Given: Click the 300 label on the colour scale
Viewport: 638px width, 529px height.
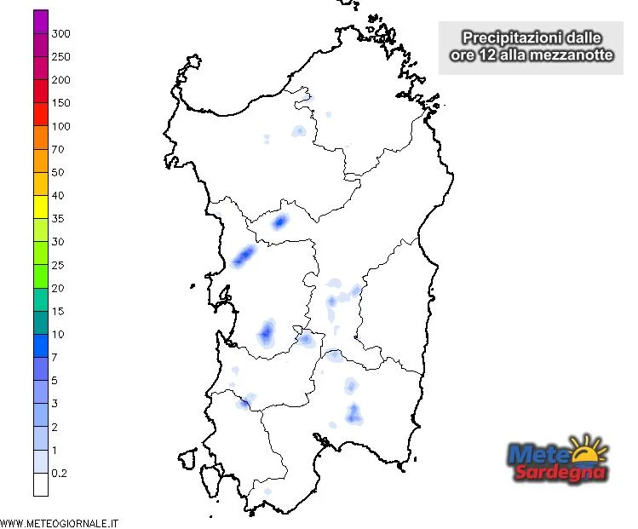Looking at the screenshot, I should point(61,33).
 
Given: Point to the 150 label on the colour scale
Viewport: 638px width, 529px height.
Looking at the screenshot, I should point(61,103).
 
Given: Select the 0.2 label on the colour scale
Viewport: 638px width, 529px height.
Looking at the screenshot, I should point(60,472).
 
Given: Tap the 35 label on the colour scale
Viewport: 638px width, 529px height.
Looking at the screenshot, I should point(58,219).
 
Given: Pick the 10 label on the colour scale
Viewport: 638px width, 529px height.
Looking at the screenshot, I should point(58,334).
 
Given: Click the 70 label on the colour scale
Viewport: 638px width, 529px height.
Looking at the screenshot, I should point(58,149).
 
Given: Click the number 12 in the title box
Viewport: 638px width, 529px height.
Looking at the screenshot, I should point(484,55).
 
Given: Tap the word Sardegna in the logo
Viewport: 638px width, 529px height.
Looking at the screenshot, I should point(559,473).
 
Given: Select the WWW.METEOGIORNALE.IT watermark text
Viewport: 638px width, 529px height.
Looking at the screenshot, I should point(60,522).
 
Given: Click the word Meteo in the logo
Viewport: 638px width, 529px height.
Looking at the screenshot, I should point(542,455).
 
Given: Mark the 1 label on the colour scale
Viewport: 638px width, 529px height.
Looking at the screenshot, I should point(54,449).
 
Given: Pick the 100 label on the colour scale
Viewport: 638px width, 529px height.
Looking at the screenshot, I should point(61,126).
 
